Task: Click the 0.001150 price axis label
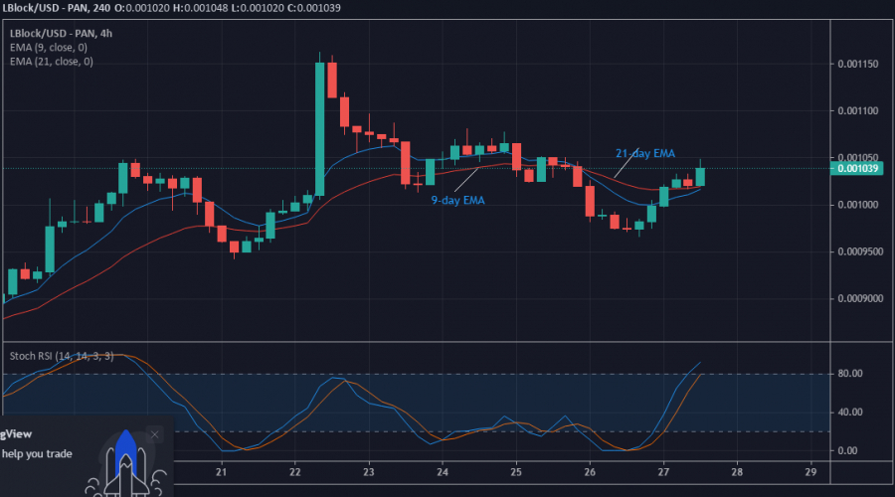tap(857, 65)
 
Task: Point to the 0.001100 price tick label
tap(857, 111)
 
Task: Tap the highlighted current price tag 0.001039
tap(857, 169)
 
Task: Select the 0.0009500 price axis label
tap(857, 251)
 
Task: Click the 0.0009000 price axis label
tap(857, 298)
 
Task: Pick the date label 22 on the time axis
tap(295, 473)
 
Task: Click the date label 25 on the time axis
tap(516, 473)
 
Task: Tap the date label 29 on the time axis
tap(810, 473)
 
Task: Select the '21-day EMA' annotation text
tap(644, 153)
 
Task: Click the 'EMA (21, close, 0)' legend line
tap(52, 62)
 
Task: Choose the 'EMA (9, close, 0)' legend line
tap(49, 47)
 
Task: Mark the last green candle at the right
tap(700, 176)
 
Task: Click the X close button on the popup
tap(154, 434)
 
